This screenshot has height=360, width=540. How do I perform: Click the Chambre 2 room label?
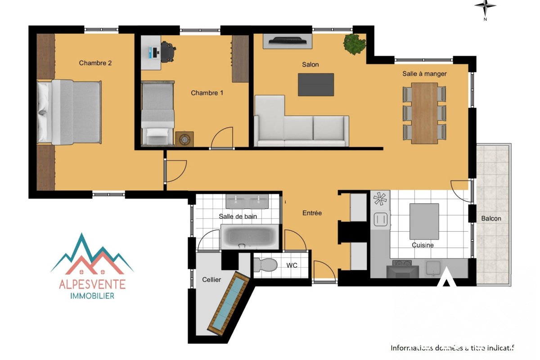click(x=95, y=63)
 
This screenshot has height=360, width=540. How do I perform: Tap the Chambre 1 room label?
click(x=207, y=93)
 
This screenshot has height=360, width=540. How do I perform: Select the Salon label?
click(x=310, y=64)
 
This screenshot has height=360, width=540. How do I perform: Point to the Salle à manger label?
click(x=424, y=73)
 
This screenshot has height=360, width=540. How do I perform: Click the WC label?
click(x=292, y=265)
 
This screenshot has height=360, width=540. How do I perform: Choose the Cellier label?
click(x=211, y=279)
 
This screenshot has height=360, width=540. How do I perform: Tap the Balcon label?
click(x=491, y=218)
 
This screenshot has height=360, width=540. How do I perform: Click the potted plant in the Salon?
click(x=355, y=44)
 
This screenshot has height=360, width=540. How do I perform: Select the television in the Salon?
click(x=288, y=41)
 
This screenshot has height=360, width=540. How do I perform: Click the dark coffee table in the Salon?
click(x=316, y=85)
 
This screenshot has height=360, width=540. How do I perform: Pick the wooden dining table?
click(x=424, y=113)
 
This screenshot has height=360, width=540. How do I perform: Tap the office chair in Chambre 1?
click(x=168, y=52)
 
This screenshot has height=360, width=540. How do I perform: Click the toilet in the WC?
click(x=265, y=265)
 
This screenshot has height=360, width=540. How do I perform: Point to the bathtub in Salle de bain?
click(x=250, y=237)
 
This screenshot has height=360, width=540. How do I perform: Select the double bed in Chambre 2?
click(x=69, y=112)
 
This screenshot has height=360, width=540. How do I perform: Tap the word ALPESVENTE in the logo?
click(x=92, y=284)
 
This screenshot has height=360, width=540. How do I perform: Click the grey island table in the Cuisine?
click(x=424, y=221)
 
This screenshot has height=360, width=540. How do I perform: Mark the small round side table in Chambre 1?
click(x=184, y=139)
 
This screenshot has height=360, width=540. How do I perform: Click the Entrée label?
click(x=312, y=213)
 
